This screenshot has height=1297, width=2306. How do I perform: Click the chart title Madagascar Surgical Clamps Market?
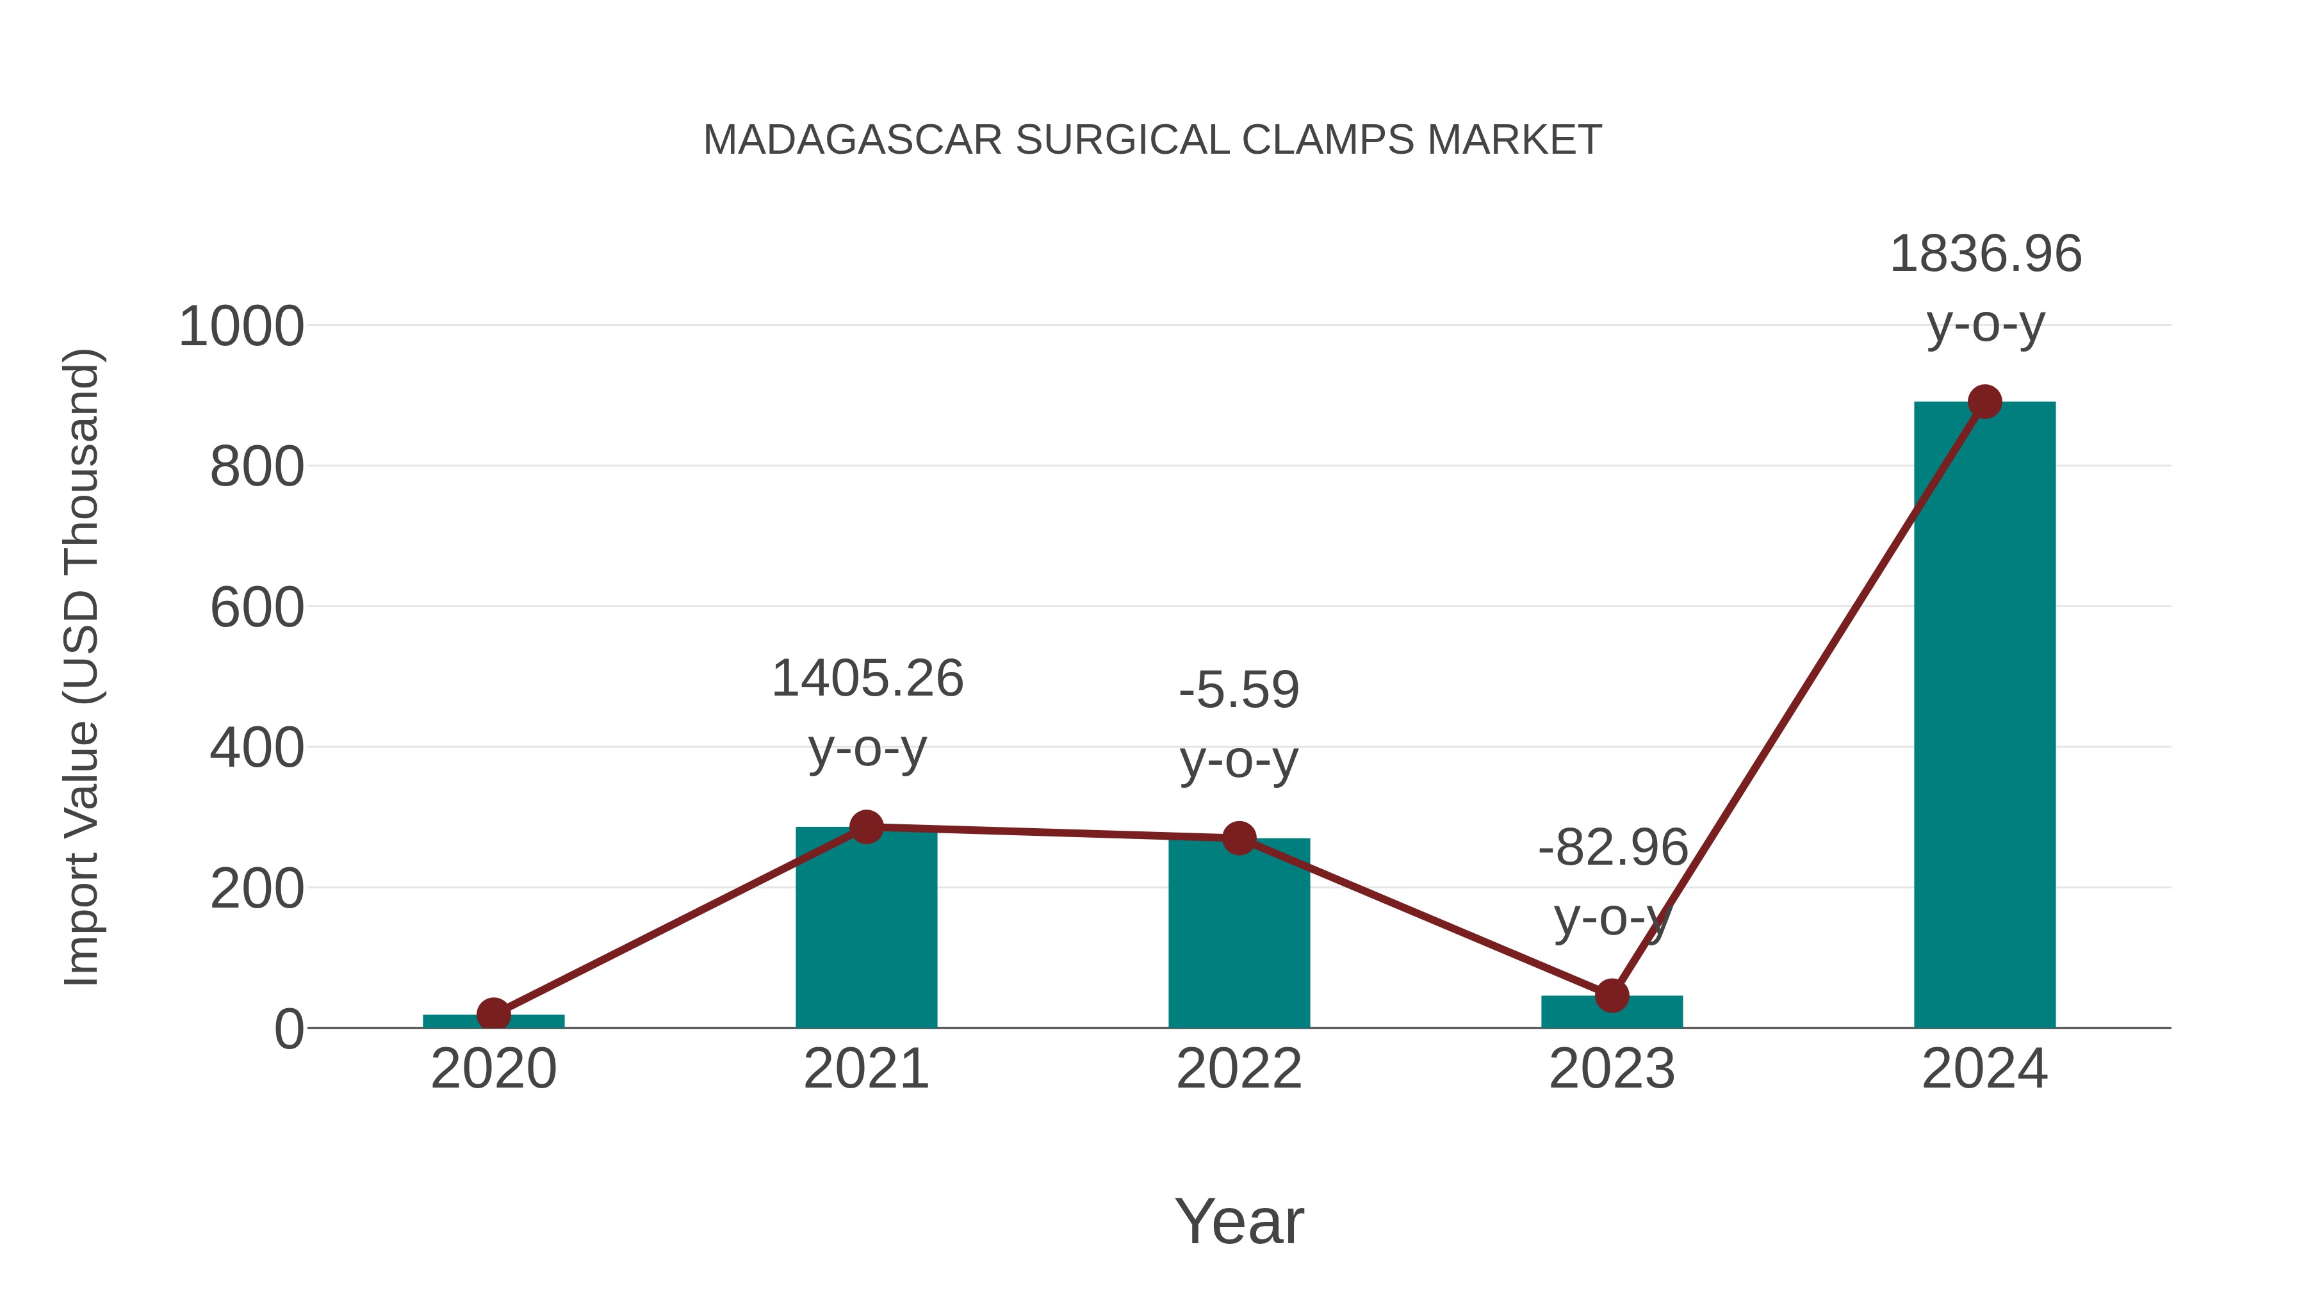click(1152, 140)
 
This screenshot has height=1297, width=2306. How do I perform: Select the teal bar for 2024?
click(1984, 716)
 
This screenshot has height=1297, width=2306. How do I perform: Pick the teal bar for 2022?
click(1239, 935)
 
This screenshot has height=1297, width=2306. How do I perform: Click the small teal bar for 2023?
click(1612, 1013)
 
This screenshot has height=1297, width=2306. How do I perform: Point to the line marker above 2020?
click(493, 1014)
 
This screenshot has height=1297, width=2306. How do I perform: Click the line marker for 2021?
click(865, 827)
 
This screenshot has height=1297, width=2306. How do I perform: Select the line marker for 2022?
click(1239, 838)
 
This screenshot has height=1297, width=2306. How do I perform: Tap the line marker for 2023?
click(1612, 995)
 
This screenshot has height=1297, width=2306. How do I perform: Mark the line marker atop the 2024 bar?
click(1984, 402)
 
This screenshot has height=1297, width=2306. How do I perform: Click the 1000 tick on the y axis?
click(241, 327)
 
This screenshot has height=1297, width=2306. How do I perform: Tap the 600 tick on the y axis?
click(257, 608)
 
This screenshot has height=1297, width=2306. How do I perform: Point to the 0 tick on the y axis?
click(288, 1029)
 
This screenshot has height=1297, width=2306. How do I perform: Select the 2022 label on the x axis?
click(1239, 1069)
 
